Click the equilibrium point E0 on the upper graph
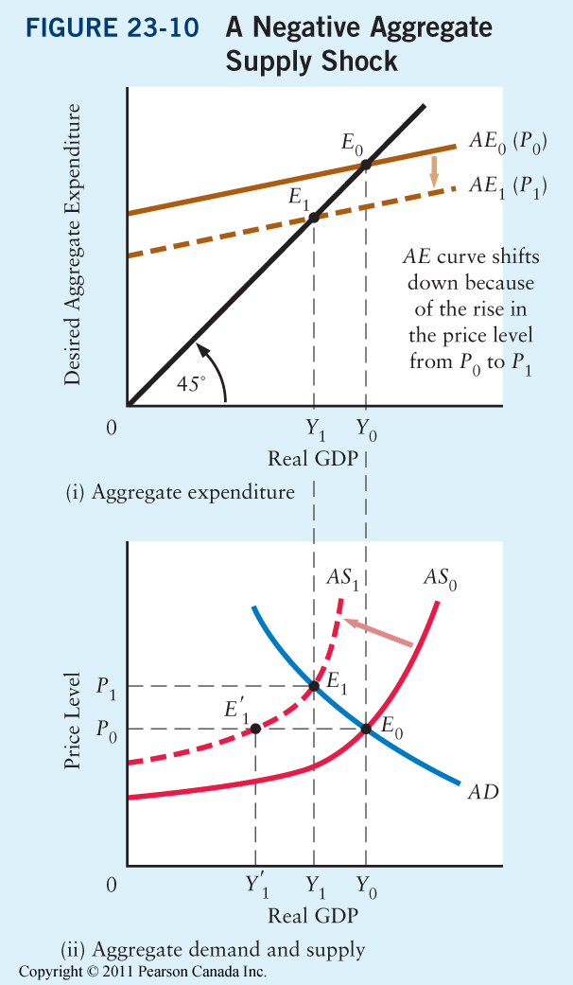tap(366, 166)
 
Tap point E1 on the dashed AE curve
tap(313, 218)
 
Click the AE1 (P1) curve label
tap(509, 186)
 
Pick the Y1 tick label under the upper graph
tap(315, 429)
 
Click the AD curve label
tap(482, 791)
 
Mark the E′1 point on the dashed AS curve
tap(256, 728)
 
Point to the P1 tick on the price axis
tap(107, 685)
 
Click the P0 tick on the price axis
tap(107, 729)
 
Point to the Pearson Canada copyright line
tap(143, 972)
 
